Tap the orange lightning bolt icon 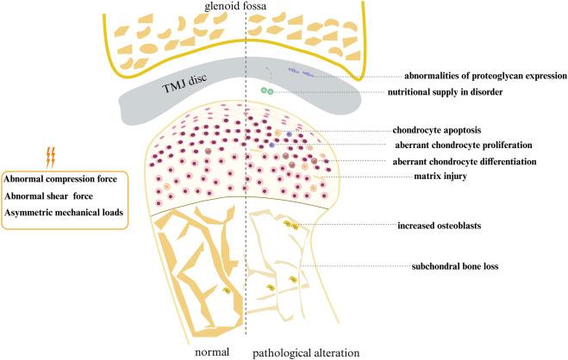pyautogui.click(x=49, y=157)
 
